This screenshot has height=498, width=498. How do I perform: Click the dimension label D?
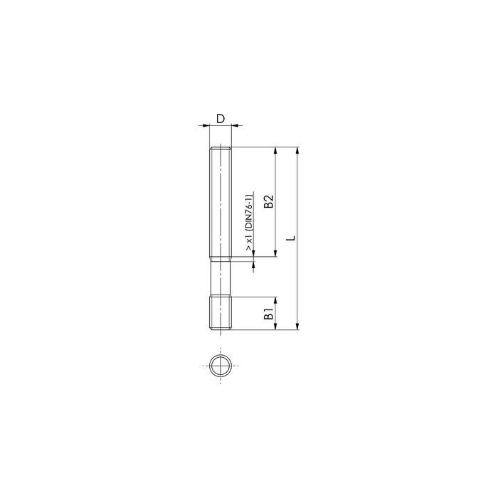221,119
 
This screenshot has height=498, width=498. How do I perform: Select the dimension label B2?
269,201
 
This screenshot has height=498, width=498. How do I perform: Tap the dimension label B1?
269,314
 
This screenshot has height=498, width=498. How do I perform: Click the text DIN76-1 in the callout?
250,211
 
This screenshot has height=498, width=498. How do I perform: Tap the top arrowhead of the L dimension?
297,150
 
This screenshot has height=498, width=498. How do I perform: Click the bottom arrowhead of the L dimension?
297,327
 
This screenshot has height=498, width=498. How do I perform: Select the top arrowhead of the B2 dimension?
276,150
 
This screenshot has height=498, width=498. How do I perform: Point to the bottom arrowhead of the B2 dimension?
276,253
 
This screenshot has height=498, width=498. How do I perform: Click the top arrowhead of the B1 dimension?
276,300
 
